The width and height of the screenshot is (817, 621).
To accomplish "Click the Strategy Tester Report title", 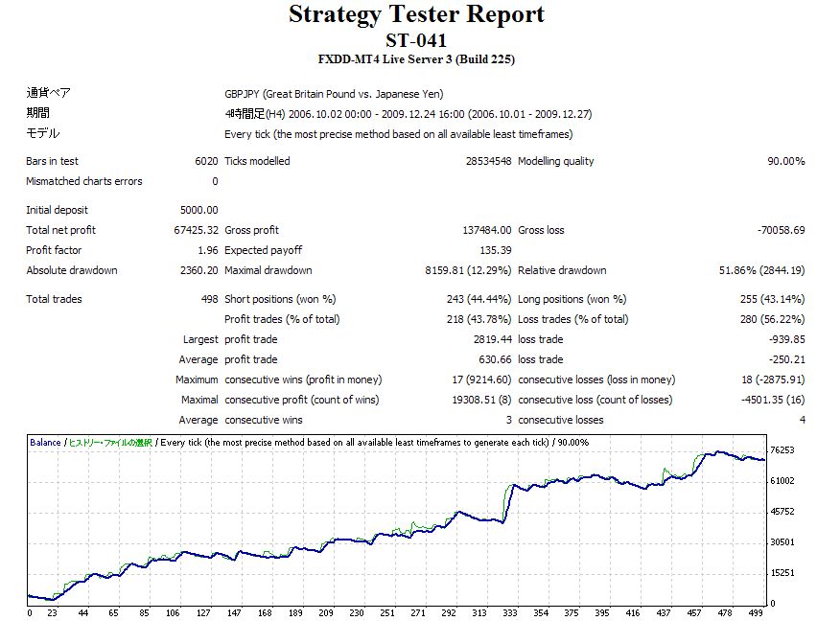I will (416, 14).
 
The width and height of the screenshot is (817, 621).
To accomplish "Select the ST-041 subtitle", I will (416, 40).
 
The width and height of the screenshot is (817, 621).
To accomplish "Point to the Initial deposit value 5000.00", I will (198, 210).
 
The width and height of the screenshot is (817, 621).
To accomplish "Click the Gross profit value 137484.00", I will (483, 230).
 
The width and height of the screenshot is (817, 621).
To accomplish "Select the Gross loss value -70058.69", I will (779, 230).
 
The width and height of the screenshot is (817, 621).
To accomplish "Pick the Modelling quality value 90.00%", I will (785, 161).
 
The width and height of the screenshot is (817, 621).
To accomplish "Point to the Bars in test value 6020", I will (206, 161).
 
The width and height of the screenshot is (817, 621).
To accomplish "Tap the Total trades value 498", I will (208, 299).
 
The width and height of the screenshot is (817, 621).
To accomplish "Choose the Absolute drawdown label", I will (72, 270).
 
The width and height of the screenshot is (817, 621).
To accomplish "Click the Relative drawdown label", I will (562, 270).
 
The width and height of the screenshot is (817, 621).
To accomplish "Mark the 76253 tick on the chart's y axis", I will (783, 450).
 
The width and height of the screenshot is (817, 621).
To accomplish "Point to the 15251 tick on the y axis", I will (783, 573).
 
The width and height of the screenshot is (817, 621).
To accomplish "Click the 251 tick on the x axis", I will (386, 613).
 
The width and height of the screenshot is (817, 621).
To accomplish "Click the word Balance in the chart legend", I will (45, 443).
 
